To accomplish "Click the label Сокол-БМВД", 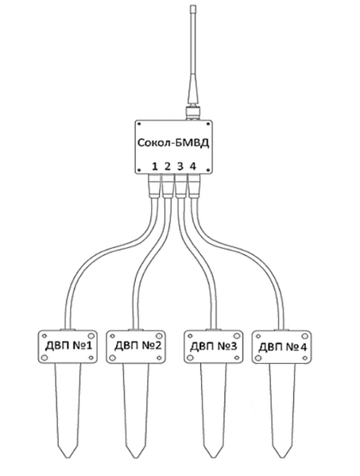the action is (173, 143).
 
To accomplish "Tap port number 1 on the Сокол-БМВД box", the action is (155, 166).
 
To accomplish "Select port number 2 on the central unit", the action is (168, 166).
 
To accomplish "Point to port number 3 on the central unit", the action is (180, 166).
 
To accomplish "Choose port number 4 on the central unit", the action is (193, 166).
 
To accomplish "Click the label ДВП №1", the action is (68, 346).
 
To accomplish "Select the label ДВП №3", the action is (213, 346).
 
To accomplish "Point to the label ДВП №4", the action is (282, 347).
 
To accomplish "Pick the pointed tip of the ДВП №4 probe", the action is (281, 457).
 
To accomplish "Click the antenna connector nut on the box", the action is (193, 112).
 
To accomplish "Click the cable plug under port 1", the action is (154, 187).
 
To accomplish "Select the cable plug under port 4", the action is (194, 187).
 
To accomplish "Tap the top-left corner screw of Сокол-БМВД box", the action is (139, 124).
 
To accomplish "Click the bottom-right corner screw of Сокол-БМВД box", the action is (208, 170).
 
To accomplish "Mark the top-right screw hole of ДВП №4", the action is (304, 336).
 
